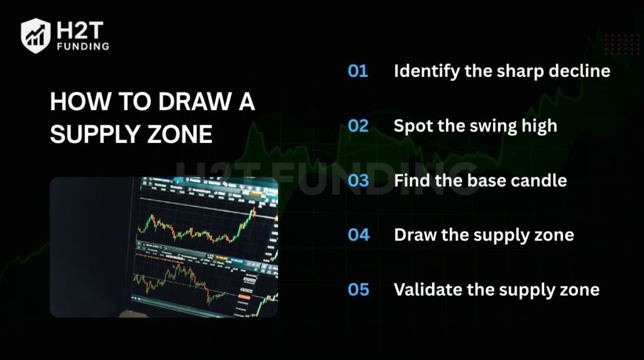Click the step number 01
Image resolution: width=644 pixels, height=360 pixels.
(x=358, y=70)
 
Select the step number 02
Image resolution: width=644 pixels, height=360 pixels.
(x=358, y=125)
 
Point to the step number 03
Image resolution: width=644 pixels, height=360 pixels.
(x=358, y=181)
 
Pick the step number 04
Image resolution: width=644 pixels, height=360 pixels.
(x=358, y=235)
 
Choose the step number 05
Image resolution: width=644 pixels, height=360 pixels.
(x=358, y=290)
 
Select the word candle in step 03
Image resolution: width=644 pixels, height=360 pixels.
(x=540, y=181)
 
